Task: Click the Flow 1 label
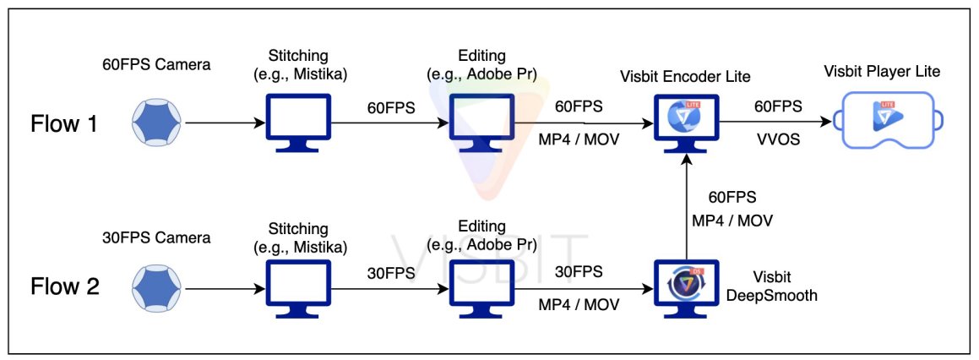pos(65,124)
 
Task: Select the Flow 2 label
pos(65,286)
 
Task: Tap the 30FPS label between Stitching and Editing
pos(390,272)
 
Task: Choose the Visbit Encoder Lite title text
pos(687,75)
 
